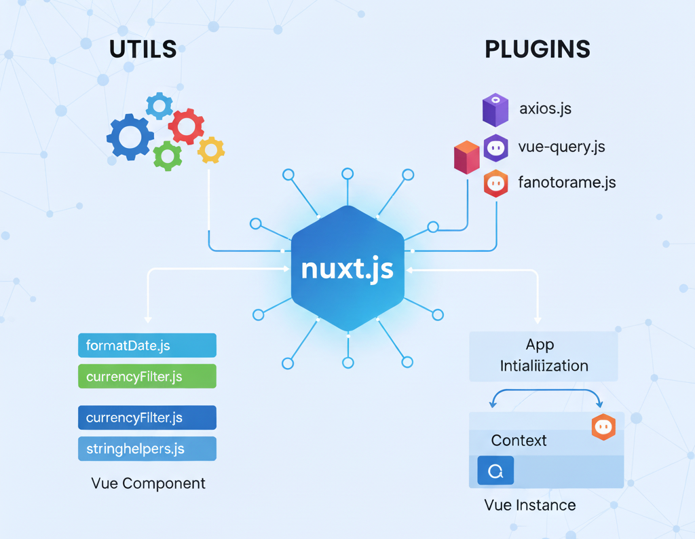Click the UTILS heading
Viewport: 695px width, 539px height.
pyautogui.click(x=143, y=49)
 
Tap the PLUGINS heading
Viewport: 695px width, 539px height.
pyautogui.click(x=538, y=49)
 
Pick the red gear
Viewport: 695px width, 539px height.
pyautogui.click(x=185, y=126)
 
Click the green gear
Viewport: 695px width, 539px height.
pyautogui.click(x=168, y=155)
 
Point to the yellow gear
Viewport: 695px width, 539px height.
pyautogui.click(x=211, y=150)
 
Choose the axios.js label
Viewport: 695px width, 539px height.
pyautogui.click(x=545, y=108)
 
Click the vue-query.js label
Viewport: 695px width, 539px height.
pyautogui.click(x=561, y=146)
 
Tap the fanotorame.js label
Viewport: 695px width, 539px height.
pyautogui.click(x=567, y=183)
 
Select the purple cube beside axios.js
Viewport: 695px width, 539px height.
pyautogui.click(x=495, y=110)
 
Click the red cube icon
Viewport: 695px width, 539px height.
pyautogui.click(x=466, y=157)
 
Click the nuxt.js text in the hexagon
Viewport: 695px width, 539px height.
pyautogui.click(x=347, y=268)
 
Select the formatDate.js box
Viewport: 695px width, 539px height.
pyautogui.click(x=147, y=346)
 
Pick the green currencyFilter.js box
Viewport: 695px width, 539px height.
pyautogui.click(x=147, y=376)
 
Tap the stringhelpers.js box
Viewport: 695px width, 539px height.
pyautogui.click(x=147, y=449)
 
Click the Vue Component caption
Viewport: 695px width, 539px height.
pyautogui.click(x=148, y=483)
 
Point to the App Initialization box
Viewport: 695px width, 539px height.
pyautogui.click(x=544, y=356)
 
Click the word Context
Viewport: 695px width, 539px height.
pyautogui.click(x=519, y=440)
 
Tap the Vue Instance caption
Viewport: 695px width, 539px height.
pyautogui.click(x=530, y=505)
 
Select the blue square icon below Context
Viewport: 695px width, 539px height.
pyautogui.click(x=495, y=470)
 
